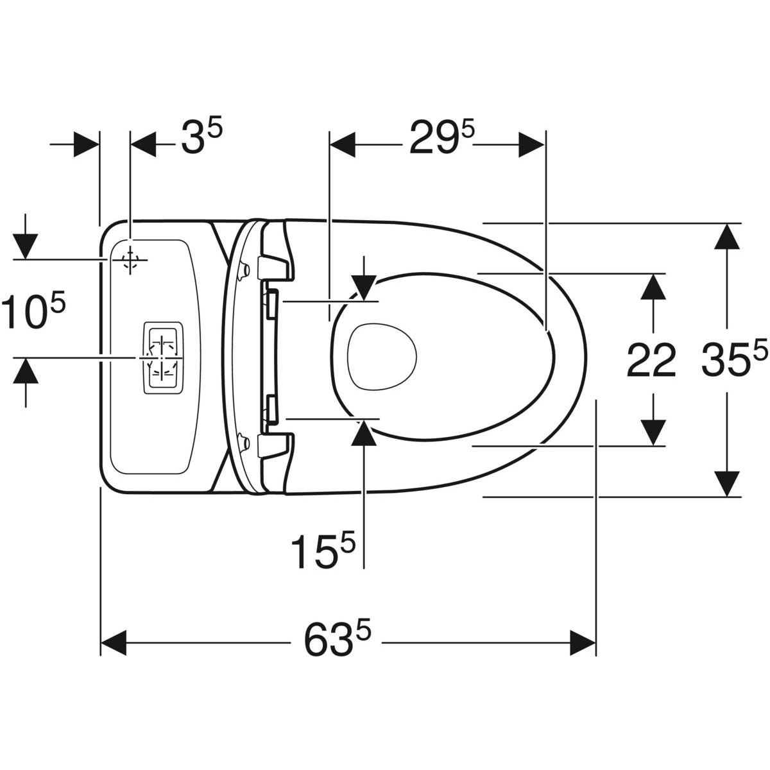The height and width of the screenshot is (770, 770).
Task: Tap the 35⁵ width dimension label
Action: [735, 357]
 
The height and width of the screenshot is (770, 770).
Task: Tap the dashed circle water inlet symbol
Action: [130, 260]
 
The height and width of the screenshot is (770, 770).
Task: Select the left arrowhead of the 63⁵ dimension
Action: [114, 643]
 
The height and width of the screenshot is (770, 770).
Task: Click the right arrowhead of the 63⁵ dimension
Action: [583, 643]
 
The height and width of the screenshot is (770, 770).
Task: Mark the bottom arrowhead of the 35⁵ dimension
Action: [727, 484]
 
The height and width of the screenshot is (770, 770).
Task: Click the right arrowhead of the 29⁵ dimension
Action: [531, 145]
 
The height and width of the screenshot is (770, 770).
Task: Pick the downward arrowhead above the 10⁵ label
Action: [25, 247]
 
